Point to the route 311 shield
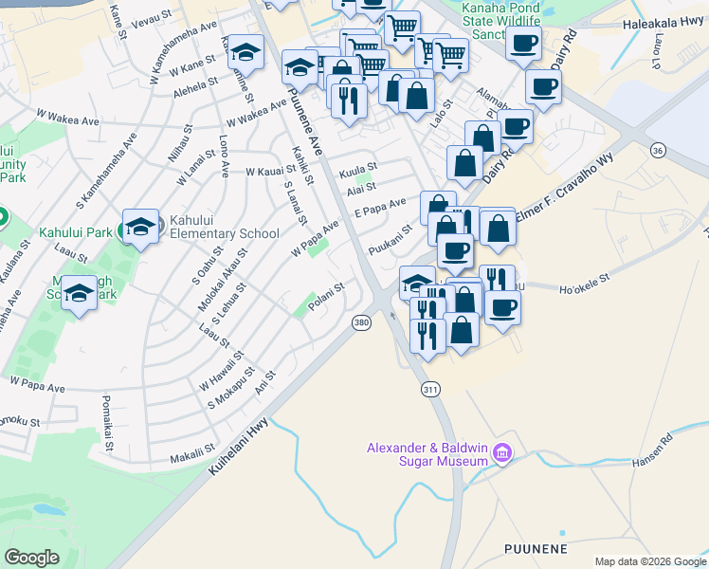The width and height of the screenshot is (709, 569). click(430, 389)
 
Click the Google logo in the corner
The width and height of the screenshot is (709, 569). click(31, 557)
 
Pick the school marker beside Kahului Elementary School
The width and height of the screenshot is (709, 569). click(140, 227)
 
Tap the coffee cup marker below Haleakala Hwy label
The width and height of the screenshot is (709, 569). click(523, 43)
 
